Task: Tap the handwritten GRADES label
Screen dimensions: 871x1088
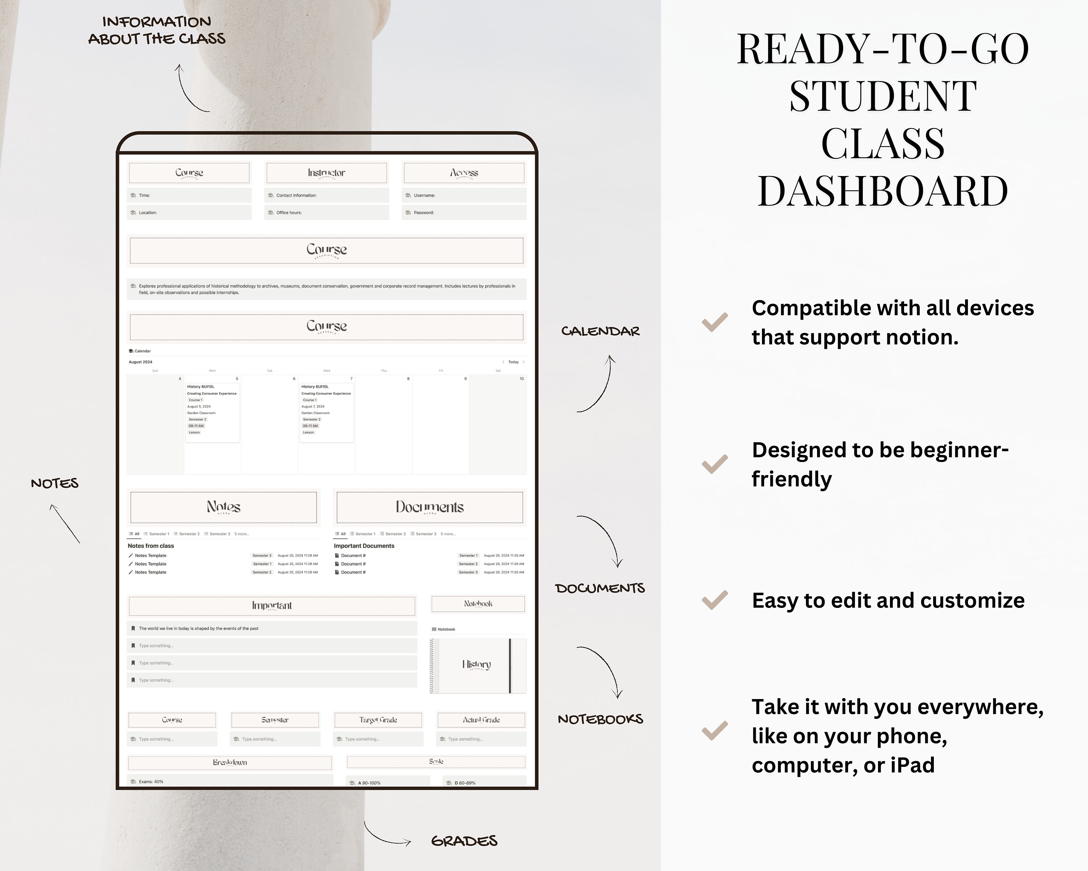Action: [464, 841]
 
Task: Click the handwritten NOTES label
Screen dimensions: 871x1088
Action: [54, 483]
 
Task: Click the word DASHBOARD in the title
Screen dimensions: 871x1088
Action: [883, 191]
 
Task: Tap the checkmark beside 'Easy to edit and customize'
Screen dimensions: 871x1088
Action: [714, 600]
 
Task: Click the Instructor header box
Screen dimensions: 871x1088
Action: [326, 173]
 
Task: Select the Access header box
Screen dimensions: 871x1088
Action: [464, 173]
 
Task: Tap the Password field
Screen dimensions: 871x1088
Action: [464, 213]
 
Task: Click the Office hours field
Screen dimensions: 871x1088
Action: [326, 213]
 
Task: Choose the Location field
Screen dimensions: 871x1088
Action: [189, 213]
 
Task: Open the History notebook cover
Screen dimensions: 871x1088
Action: [477, 666]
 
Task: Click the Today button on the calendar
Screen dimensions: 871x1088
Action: [513, 362]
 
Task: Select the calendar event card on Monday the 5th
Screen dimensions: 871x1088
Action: [212, 409]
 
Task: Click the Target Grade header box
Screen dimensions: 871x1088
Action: [378, 720]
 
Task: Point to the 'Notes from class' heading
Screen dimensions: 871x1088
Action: [151, 546]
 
